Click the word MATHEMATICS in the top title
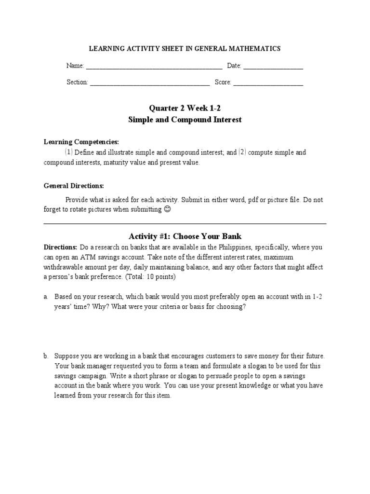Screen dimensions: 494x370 (x=255, y=49)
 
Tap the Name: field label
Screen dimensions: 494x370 (x=75, y=66)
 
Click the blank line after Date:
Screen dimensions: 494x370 (x=273, y=66)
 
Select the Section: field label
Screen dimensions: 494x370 (x=77, y=82)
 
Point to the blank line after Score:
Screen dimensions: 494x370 (x=268, y=83)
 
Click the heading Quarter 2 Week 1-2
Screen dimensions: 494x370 (x=185, y=109)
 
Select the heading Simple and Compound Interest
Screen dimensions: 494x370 (x=185, y=120)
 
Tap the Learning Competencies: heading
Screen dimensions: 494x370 (x=81, y=142)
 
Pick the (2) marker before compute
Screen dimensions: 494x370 (x=242, y=152)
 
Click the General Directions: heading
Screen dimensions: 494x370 (x=74, y=186)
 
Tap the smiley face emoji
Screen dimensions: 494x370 (x=167, y=209)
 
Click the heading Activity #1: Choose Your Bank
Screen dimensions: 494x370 (x=185, y=236)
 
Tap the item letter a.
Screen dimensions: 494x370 (x=46, y=297)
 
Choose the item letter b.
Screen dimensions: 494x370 (x=46, y=356)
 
